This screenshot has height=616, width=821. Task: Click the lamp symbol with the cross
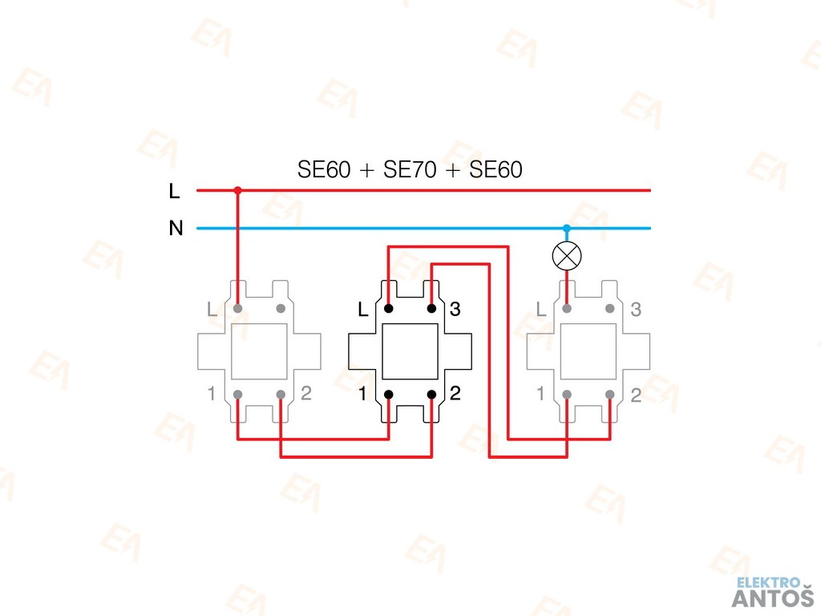pos(567,257)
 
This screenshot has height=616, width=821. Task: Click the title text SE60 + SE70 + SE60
pos(410,170)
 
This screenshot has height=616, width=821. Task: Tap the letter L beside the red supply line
pos(175,191)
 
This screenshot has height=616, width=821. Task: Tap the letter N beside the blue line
pos(176,229)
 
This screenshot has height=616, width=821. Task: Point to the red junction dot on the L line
pos(237,191)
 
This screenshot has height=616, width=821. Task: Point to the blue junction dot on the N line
pos(567,229)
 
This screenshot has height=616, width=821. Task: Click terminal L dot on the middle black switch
pos(388,308)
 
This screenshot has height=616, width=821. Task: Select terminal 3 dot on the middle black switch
pos(431,308)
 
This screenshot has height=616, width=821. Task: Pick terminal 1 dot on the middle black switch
pos(388,394)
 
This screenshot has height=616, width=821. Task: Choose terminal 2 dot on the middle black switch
pos(431,394)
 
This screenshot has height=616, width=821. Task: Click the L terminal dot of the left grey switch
pos(237,308)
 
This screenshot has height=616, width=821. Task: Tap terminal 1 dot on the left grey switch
pos(237,394)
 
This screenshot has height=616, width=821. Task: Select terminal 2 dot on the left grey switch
pos(281,394)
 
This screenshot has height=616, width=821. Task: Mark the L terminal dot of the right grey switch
pos(567,308)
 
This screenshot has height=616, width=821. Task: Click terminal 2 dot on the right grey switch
pos(610,394)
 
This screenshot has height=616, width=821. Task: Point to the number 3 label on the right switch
pos(636,309)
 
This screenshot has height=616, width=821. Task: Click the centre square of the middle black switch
pos(410,351)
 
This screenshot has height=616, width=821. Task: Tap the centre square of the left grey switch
pos(259,351)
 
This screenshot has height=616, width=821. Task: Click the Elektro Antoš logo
pos(772,592)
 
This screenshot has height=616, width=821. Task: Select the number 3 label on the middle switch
pos(455,309)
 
